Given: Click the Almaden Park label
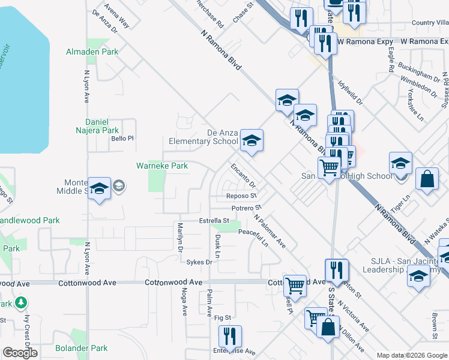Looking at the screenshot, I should pos(92,52).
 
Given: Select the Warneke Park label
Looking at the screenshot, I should pos(162,166).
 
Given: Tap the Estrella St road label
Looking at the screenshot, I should pos(214,221).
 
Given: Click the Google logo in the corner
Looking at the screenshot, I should pos(20,353).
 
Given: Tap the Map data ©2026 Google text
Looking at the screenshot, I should pos(411,355).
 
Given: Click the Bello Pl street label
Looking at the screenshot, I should pos(122,138).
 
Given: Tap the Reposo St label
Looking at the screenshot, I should pos(241,196).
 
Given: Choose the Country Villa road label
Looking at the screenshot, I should pos(430,23).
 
